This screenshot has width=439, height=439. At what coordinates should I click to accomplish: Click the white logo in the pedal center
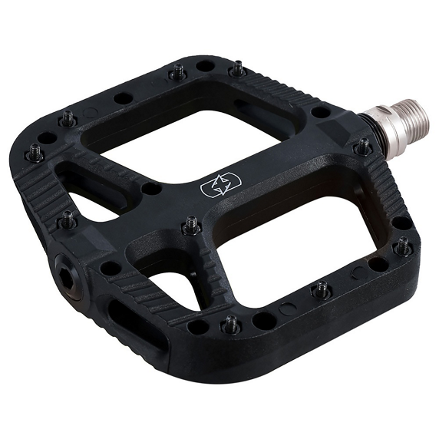(x=221, y=186)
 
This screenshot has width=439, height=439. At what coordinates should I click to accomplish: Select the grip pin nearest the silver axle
(x=362, y=146)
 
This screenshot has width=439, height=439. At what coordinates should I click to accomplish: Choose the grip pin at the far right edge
(x=402, y=246)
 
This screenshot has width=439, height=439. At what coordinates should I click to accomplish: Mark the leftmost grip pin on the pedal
(x=35, y=152)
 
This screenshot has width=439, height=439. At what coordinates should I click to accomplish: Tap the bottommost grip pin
(x=229, y=325)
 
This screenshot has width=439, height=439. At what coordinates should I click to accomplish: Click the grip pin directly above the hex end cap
(x=68, y=219)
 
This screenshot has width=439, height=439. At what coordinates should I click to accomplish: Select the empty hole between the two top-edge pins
(x=205, y=67)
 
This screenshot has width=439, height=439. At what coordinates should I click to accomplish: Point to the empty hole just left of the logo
(x=151, y=188)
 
